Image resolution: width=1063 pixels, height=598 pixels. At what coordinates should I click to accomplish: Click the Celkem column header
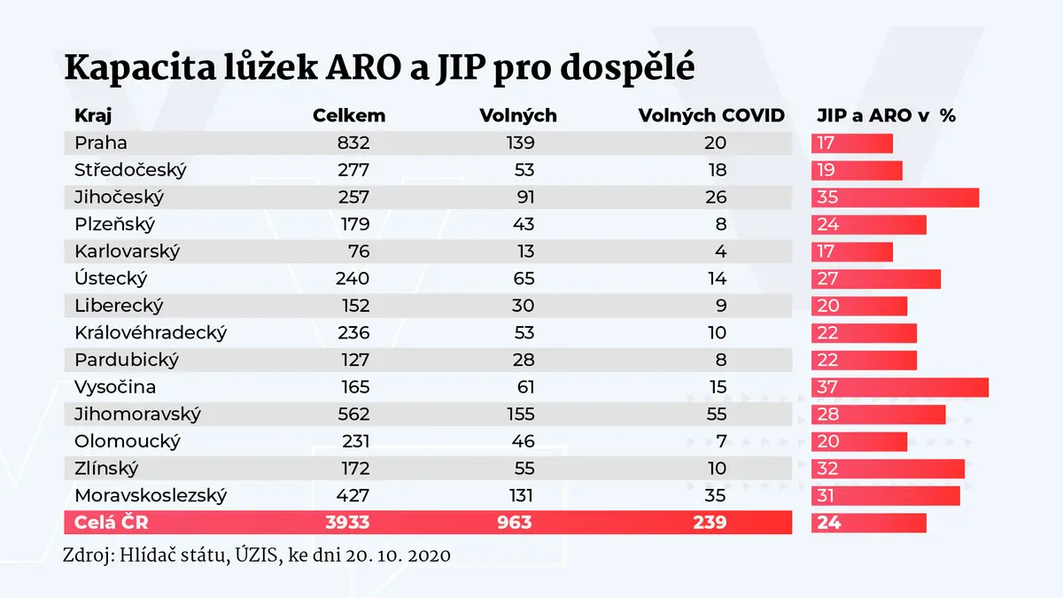[x=349, y=115]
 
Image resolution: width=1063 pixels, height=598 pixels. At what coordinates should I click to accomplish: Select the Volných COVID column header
[x=711, y=115]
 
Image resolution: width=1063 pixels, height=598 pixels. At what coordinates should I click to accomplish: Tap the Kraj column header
[x=93, y=115]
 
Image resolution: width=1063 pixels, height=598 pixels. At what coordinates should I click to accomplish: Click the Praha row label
[x=101, y=143]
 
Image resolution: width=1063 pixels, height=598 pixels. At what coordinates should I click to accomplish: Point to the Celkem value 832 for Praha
[x=353, y=143]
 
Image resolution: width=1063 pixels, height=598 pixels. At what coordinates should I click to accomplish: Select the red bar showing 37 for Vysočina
[x=900, y=387]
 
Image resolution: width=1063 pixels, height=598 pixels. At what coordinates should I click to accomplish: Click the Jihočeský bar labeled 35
[x=895, y=198]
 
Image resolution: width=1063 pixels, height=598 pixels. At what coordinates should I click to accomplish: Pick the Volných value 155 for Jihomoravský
[x=521, y=415]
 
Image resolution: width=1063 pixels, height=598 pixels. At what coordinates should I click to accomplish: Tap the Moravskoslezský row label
[x=151, y=496]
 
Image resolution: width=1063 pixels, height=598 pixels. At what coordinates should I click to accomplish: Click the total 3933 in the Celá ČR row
[x=347, y=523]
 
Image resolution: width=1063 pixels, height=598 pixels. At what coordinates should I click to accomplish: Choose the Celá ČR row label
[x=111, y=522]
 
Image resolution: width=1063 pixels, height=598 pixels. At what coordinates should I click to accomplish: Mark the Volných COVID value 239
[x=710, y=523]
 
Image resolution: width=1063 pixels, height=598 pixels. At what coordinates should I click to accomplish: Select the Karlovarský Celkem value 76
[x=358, y=252]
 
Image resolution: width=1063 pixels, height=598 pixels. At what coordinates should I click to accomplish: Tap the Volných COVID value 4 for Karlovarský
[x=720, y=252]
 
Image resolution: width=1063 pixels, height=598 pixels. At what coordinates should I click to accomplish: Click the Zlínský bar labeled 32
[x=888, y=469]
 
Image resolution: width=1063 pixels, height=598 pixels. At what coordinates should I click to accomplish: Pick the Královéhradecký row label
[x=151, y=333]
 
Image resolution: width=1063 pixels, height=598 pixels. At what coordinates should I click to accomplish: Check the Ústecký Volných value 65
[x=524, y=278]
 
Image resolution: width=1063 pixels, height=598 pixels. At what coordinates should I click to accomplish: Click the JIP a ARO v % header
[x=886, y=115]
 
